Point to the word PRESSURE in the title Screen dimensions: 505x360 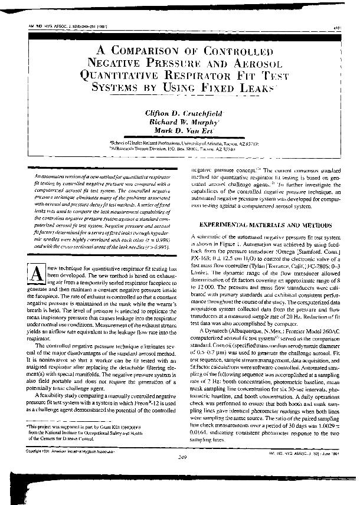click(182, 62)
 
